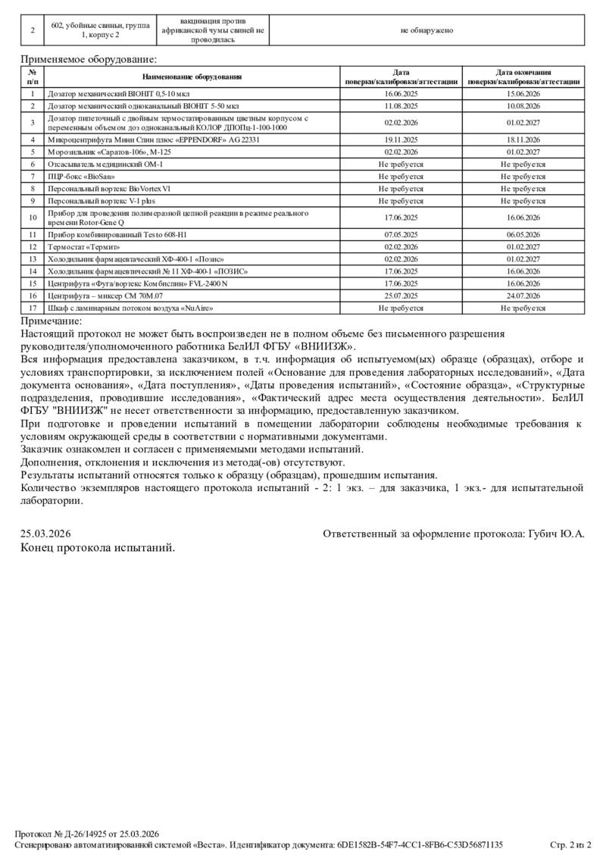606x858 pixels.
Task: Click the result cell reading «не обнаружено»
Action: point(426,30)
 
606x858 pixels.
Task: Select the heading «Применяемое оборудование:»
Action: point(89,58)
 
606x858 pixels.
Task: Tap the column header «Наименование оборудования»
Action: point(192,77)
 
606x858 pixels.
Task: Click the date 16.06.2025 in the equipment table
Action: point(401,94)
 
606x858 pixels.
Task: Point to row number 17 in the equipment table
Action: point(33,308)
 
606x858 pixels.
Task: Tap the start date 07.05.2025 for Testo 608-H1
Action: point(401,234)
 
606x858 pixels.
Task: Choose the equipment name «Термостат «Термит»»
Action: point(84,246)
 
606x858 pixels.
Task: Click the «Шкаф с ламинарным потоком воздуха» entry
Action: point(130,308)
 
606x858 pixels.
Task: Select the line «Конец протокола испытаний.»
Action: point(98,548)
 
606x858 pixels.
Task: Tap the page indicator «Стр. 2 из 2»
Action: point(570,844)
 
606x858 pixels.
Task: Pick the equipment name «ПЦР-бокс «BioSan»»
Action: point(81,176)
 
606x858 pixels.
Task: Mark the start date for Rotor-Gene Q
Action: point(401,218)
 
